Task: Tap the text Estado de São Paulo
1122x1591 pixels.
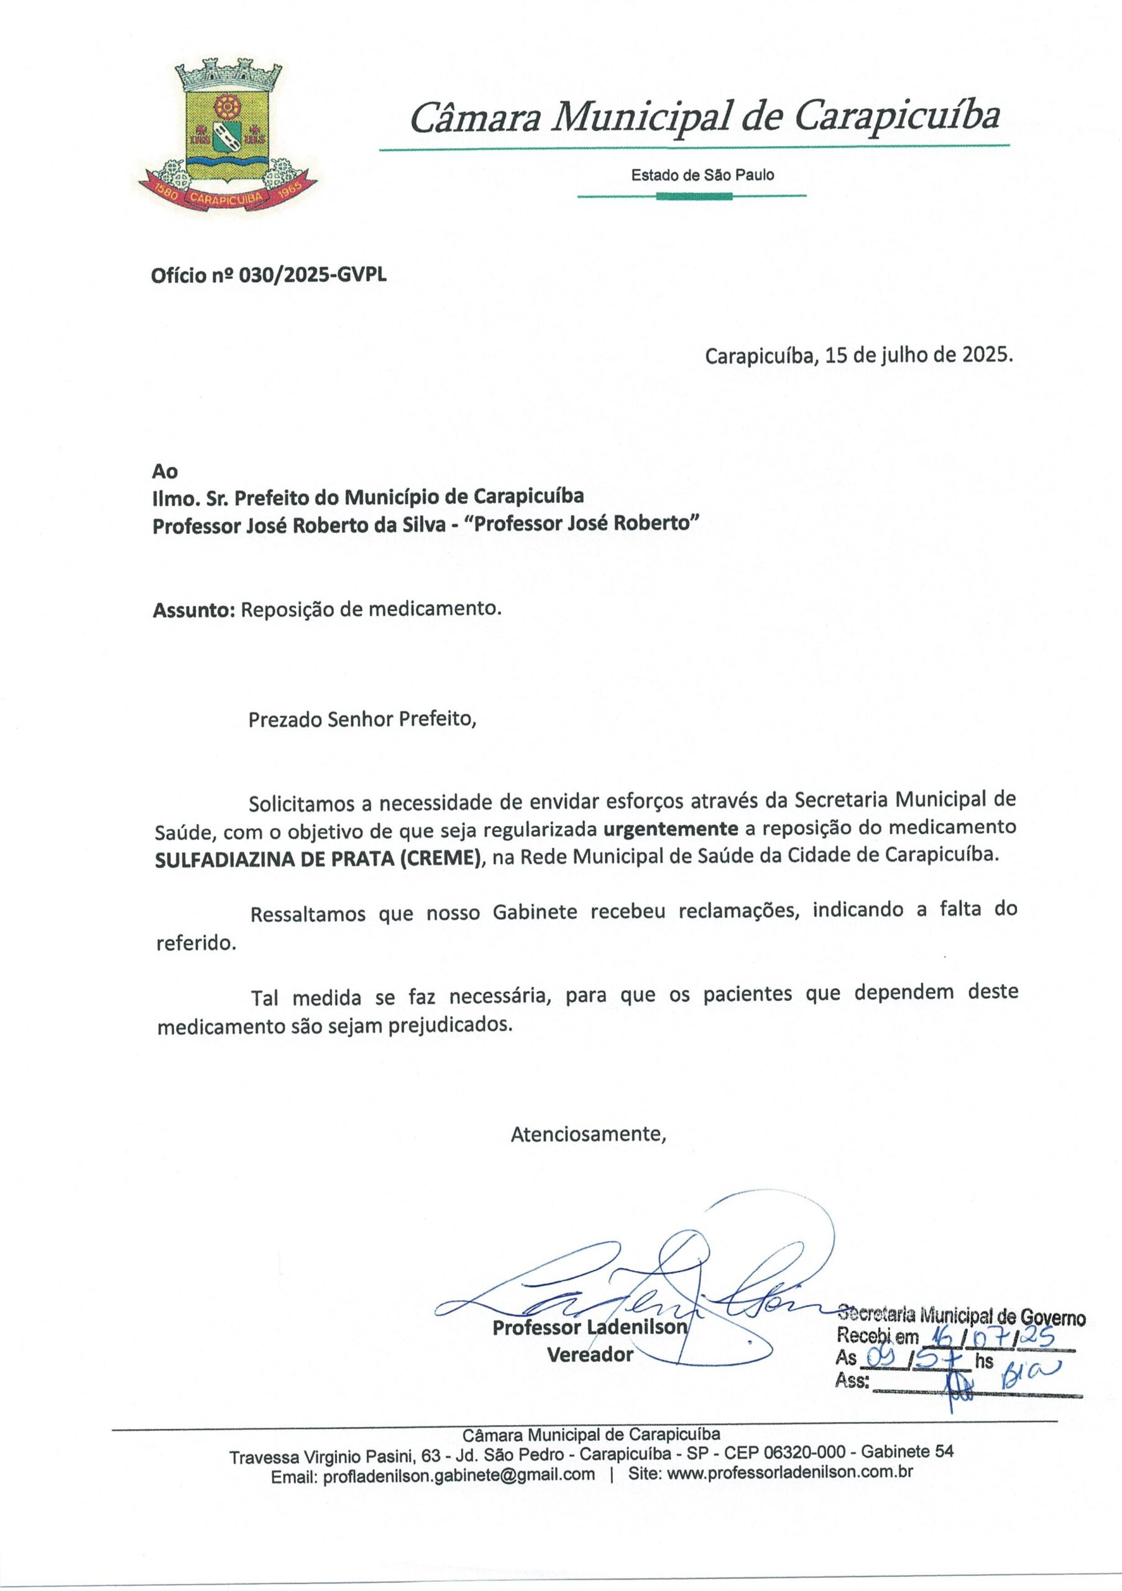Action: pyautogui.click(x=702, y=175)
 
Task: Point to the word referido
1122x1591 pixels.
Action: pyautogui.click(x=196, y=944)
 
